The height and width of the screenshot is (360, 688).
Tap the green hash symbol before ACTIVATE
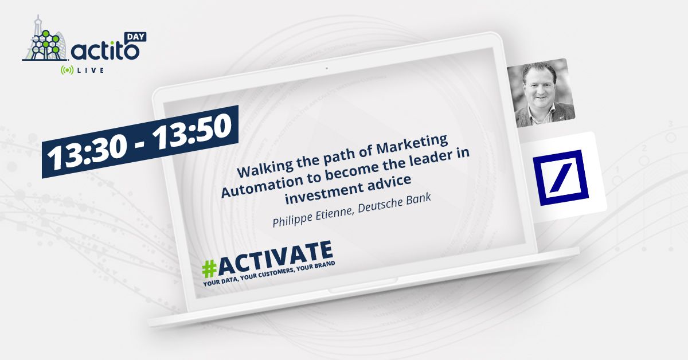[x=210, y=267]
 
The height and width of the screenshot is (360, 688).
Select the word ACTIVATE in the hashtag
[x=277, y=257]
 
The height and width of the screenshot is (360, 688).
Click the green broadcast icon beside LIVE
[x=68, y=70]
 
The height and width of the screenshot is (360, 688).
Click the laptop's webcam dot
[x=326, y=69]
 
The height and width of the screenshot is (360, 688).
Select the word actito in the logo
[x=105, y=51]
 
